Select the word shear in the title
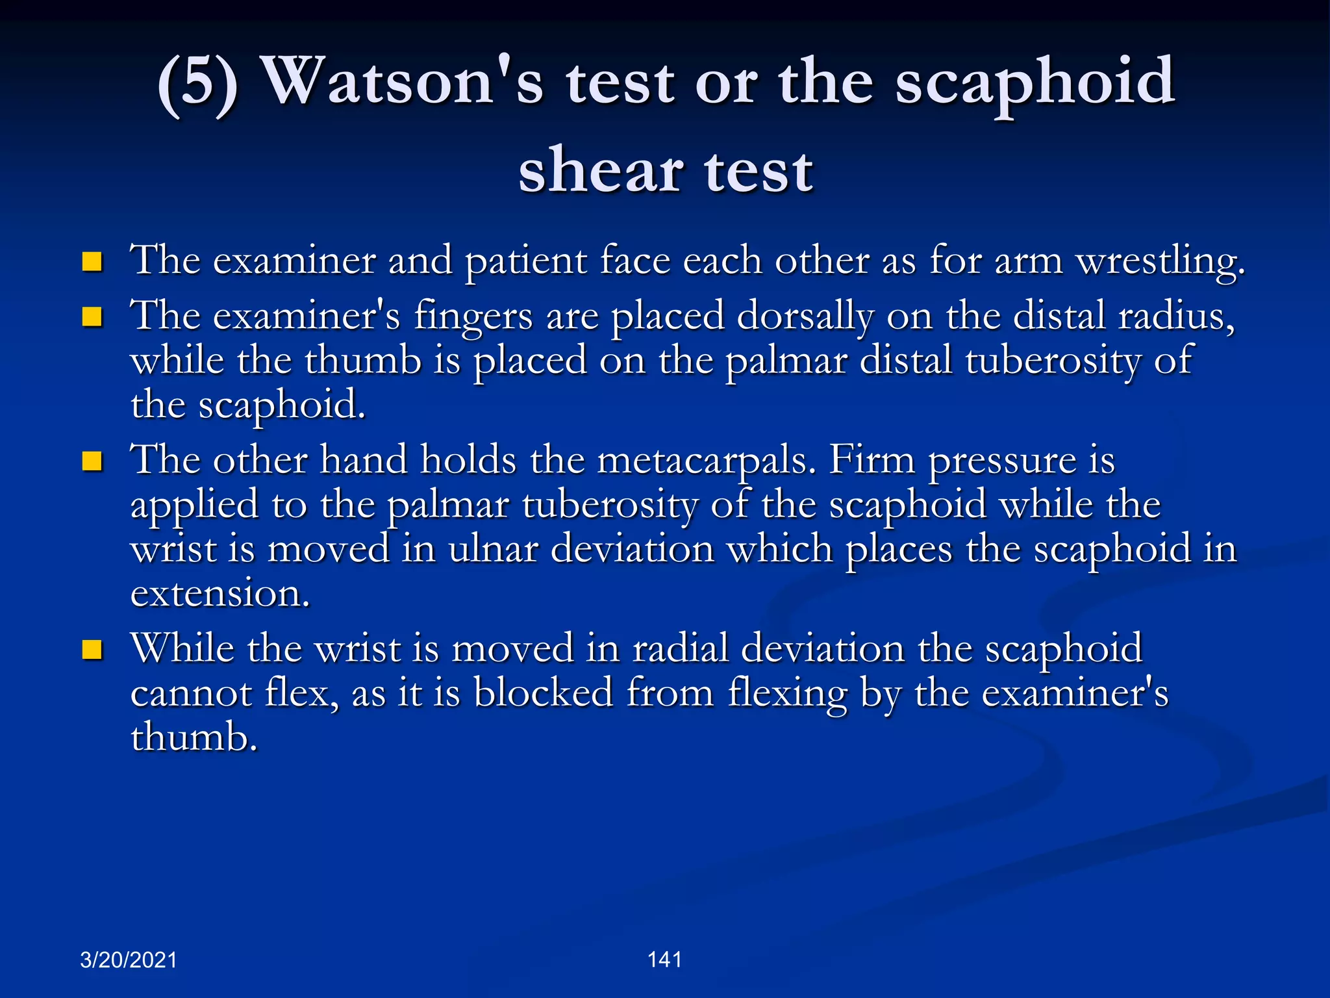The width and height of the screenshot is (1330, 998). point(600,171)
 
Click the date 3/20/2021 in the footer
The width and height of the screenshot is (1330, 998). point(129,960)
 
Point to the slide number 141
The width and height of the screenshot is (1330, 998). point(664,959)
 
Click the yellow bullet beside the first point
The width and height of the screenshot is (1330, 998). point(92,262)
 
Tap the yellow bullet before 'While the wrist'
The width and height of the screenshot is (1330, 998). point(92,650)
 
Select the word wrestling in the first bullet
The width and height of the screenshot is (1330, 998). point(1160,261)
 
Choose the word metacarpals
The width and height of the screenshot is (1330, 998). point(705,460)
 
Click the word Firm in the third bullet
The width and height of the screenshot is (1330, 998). point(872,459)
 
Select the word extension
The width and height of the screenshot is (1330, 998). point(220,593)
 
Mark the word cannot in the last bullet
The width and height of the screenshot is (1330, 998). point(191,693)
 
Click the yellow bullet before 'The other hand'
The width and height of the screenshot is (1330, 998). point(92,461)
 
